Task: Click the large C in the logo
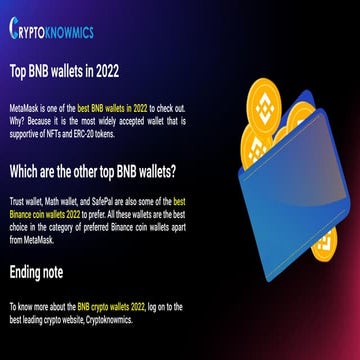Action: point(15,30)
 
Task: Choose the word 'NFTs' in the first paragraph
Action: point(52,132)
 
